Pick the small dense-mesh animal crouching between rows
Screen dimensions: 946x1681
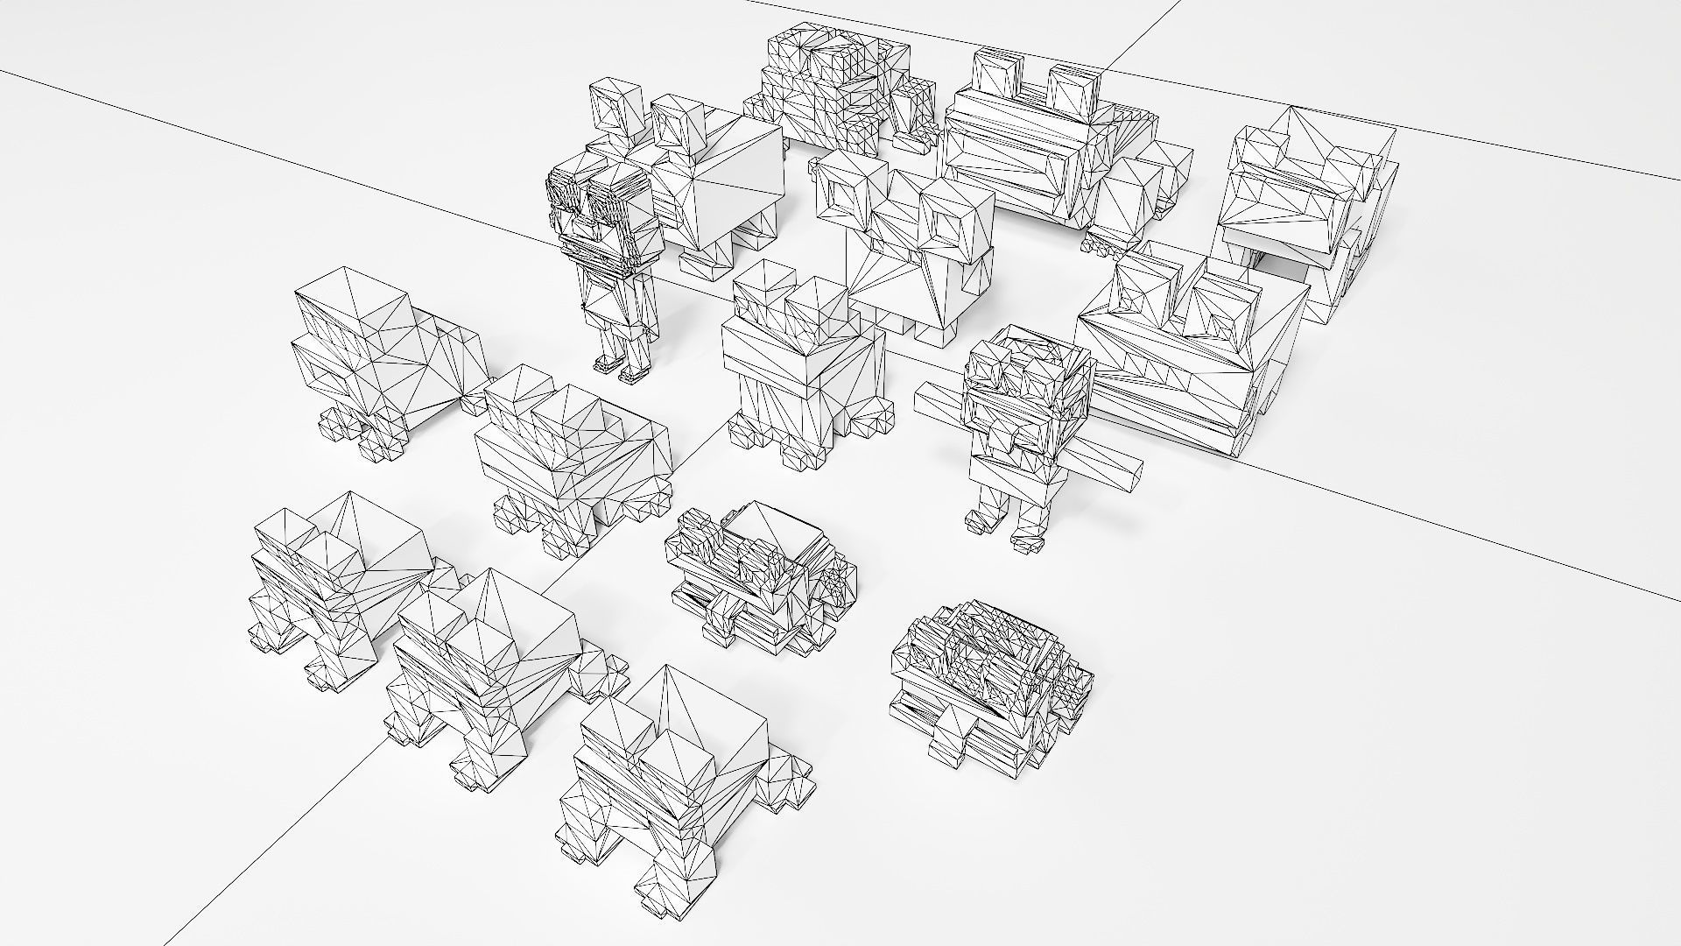(x=757, y=578)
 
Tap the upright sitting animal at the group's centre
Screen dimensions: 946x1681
(x=801, y=359)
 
